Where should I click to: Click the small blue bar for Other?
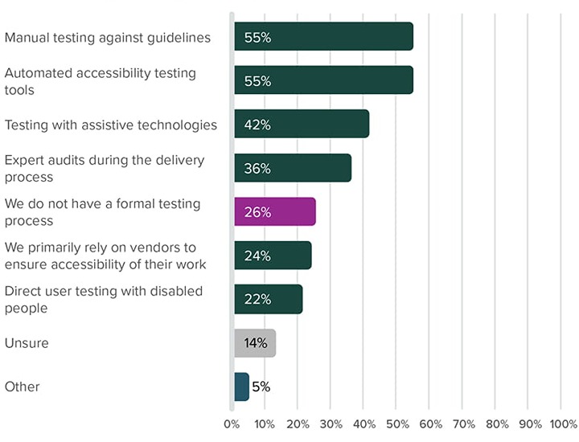click(241, 387)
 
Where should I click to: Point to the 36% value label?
click(257, 169)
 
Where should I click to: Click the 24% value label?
click(257, 256)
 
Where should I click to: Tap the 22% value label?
click(257, 300)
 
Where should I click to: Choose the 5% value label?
click(261, 387)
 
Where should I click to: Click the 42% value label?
click(257, 125)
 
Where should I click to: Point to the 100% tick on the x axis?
click(563, 424)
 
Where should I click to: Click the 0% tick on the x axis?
click(232, 424)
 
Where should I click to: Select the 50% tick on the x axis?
click(397, 424)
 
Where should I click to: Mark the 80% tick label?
click(496, 424)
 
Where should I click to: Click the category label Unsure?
click(27, 343)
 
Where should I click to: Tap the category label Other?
click(22, 387)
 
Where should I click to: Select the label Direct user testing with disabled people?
click(103, 299)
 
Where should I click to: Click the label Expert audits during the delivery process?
click(105, 168)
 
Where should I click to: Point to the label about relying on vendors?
click(105, 256)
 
